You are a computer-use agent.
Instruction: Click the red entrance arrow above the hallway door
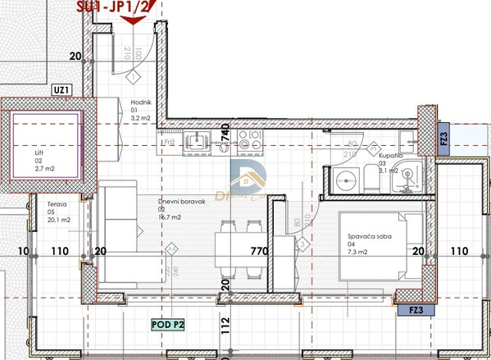[134, 19]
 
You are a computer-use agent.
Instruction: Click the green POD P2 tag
[169, 325]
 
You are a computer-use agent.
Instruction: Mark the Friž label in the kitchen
[170, 143]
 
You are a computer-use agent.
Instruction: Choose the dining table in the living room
[237, 244]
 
